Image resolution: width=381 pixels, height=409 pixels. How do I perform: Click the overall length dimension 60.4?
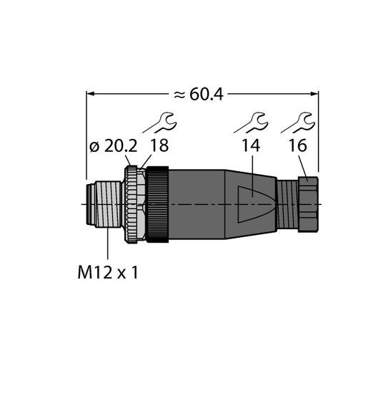(206, 94)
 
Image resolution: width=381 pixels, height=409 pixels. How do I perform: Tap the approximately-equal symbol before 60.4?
(179, 95)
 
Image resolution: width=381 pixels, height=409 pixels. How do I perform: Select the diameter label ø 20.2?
(113, 146)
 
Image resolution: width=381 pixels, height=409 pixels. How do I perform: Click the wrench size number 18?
(159, 145)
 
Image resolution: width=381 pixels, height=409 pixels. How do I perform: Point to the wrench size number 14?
(251, 145)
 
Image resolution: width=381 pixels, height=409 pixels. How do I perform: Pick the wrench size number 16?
(298, 145)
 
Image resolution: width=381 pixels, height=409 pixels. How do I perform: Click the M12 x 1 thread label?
(108, 273)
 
